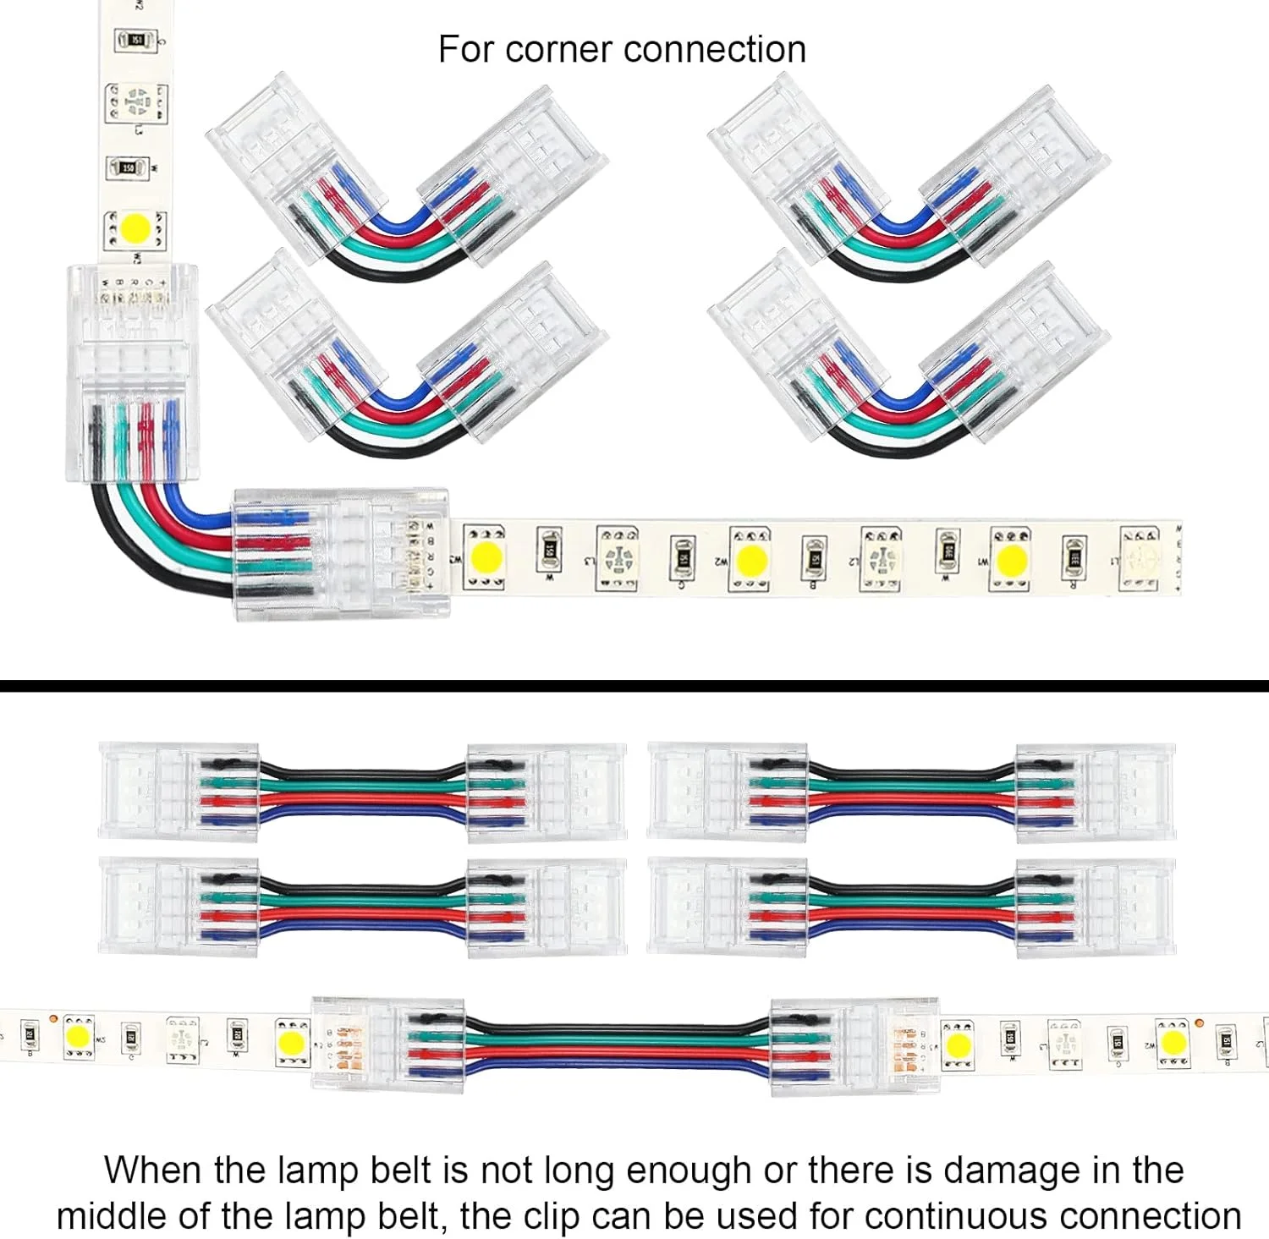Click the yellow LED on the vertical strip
click(135, 228)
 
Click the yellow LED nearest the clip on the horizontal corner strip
click(487, 557)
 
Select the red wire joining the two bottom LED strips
click(618, 1053)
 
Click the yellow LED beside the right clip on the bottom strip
click(959, 1044)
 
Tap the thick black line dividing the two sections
click(634, 686)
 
